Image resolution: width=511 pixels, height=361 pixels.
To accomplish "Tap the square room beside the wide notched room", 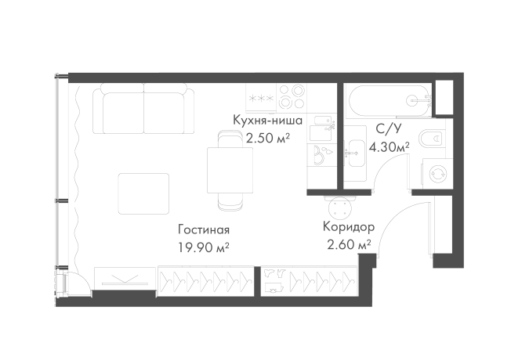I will [320, 100].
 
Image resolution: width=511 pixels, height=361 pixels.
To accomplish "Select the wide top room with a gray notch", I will [384, 100].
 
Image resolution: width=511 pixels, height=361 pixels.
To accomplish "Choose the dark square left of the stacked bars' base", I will [321, 179].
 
